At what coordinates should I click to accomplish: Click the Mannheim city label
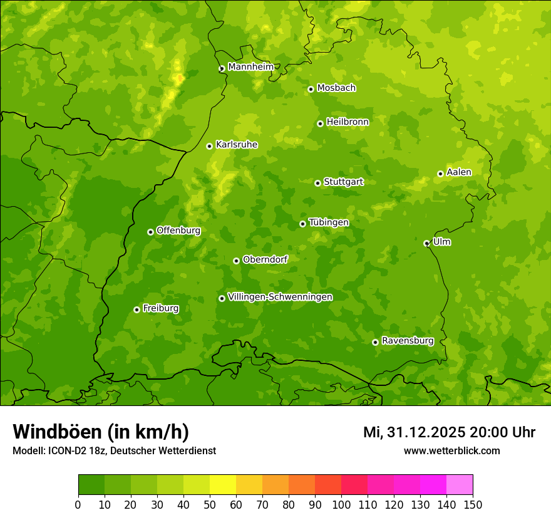point(250,67)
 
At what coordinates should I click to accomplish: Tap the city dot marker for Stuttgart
point(317,183)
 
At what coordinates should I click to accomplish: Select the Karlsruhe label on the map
point(237,145)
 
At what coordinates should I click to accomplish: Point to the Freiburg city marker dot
point(136,309)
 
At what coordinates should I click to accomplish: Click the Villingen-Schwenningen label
point(280,297)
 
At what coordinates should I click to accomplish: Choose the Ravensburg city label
point(408,341)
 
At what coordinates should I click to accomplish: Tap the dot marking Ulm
point(426,243)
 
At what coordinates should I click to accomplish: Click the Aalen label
point(459,172)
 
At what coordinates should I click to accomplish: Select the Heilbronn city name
point(348,122)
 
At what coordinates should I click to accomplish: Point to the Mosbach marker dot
point(311,89)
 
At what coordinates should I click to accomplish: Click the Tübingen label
point(329,222)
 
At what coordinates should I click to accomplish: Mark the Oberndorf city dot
point(236,261)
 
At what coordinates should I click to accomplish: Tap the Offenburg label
point(178,231)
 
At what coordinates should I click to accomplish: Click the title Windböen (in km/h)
point(101,432)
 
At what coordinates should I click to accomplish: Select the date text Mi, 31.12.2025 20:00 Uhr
point(449,432)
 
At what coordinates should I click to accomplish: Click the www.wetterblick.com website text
point(451,451)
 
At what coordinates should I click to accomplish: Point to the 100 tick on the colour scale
point(341,505)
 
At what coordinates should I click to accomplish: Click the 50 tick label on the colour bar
point(210,505)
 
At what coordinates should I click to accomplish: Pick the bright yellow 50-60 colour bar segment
point(223,485)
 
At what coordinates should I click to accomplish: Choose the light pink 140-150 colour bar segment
point(460,485)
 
